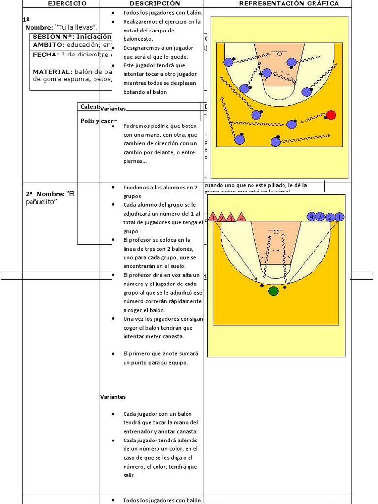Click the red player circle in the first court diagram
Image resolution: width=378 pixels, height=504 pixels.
(331, 115)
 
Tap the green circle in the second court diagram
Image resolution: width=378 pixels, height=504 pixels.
(273, 291)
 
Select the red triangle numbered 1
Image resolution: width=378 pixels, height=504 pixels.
(213, 217)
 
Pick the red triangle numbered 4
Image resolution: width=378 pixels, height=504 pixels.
(241, 217)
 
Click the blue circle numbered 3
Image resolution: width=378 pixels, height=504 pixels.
(320, 217)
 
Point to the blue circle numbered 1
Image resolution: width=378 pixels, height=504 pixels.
(339, 217)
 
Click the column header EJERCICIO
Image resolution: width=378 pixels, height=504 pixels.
(67, 4)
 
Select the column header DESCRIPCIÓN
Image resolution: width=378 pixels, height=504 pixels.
(152, 4)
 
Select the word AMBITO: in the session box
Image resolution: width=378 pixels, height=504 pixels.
(49, 45)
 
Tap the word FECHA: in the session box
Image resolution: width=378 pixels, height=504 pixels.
(46, 55)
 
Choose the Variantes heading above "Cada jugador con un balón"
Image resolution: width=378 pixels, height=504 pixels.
(113, 397)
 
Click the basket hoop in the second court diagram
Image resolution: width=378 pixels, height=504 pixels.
(276, 232)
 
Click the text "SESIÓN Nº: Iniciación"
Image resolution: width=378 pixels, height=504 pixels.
(72, 37)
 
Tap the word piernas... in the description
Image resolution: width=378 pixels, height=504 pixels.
(135, 161)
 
